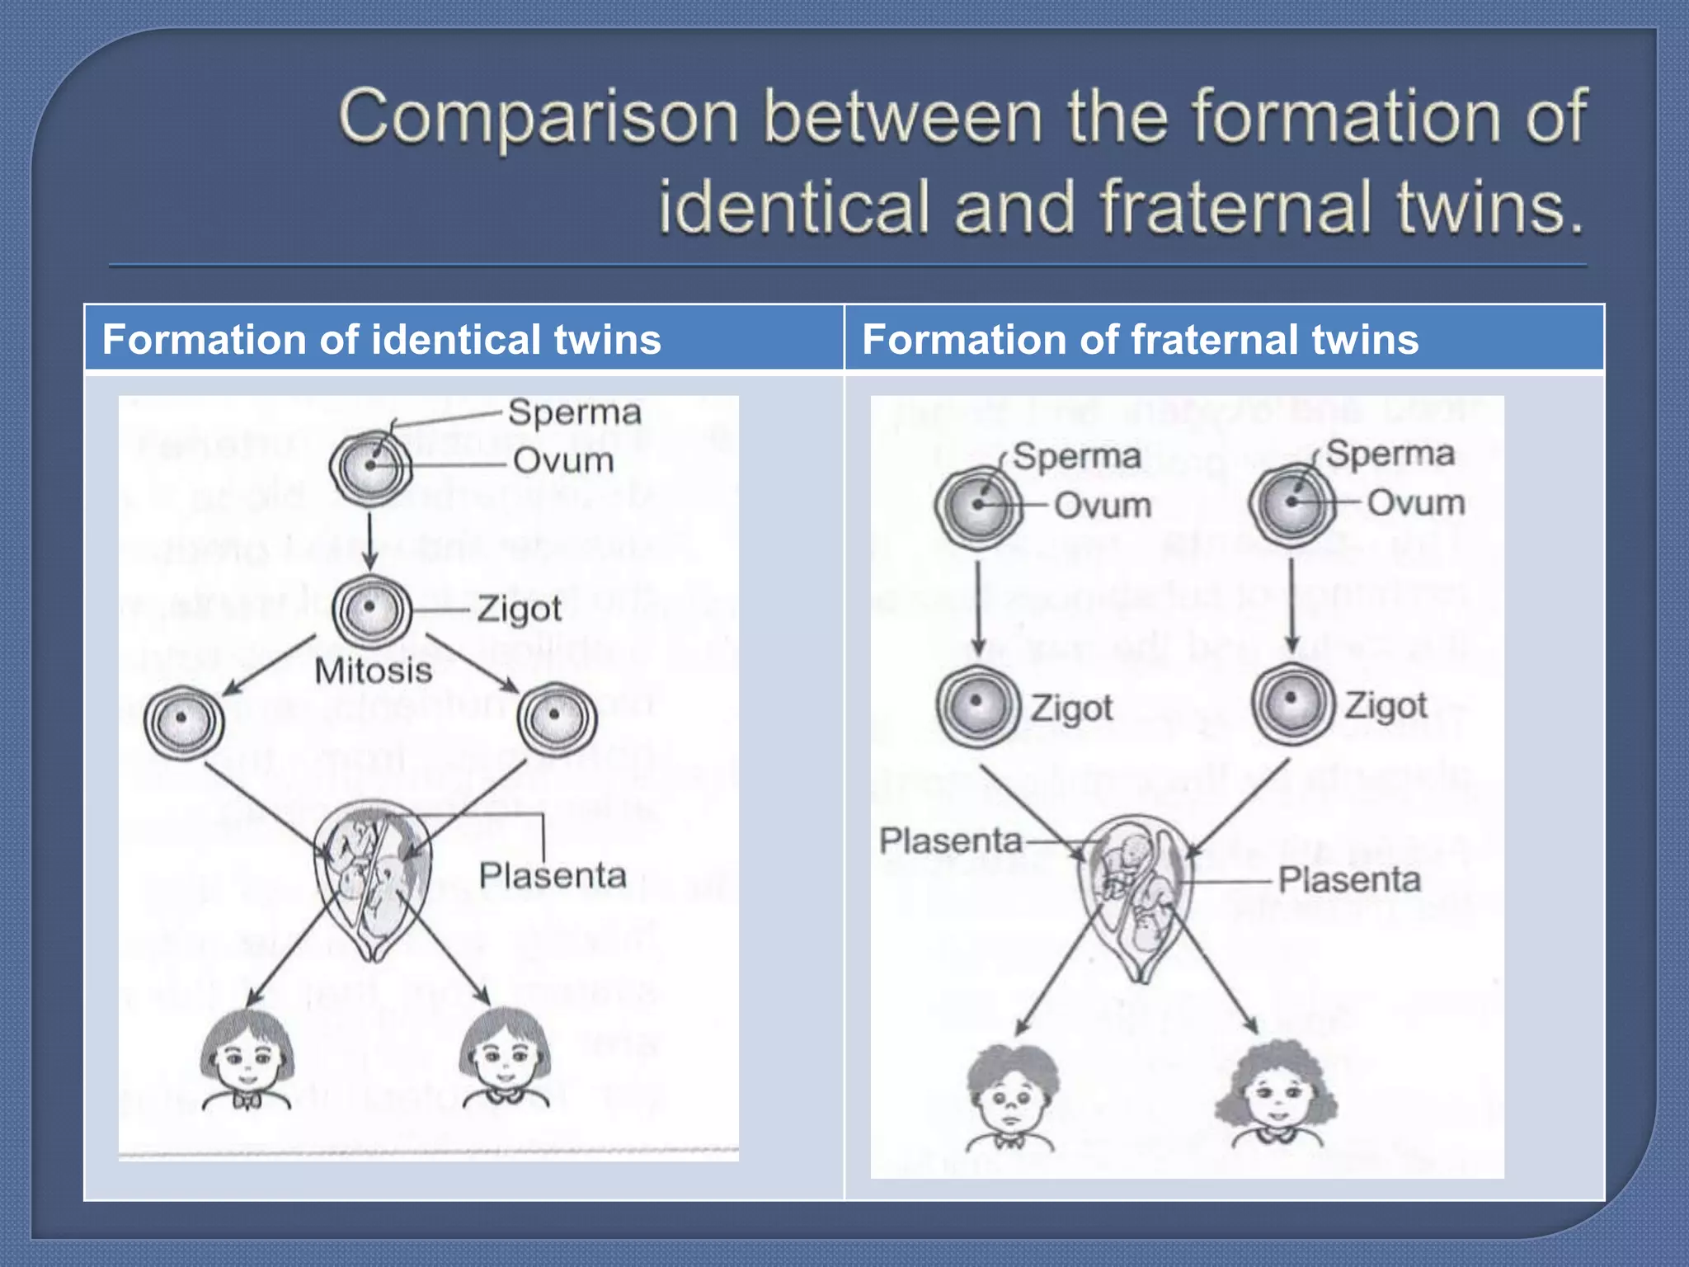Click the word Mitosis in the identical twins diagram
coord(374,671)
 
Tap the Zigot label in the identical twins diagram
coord(520,610)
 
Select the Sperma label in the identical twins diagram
coord(574,412)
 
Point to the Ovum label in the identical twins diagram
coord(563,460)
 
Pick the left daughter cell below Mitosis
coord(183,721)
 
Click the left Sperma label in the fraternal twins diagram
coord(1076,456)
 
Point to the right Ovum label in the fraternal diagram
coord(1416,502)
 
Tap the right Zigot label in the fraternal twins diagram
coord(1386,706)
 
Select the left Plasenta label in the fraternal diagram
coord(950,841)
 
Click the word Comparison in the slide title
coord(538,118)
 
